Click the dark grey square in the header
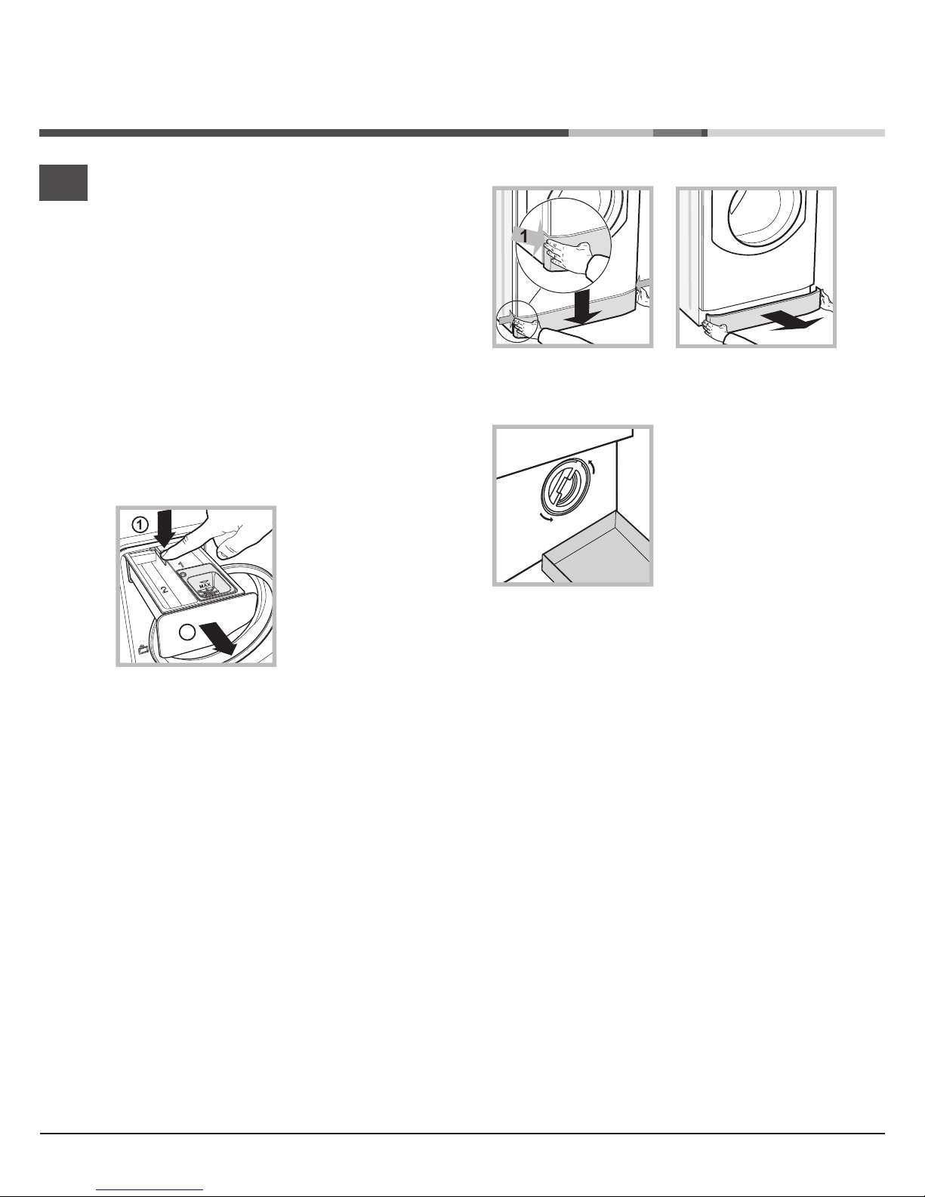[63, 182]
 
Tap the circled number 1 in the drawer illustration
[140, 524]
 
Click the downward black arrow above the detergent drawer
[165, 526]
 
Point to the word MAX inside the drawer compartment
[205, 585]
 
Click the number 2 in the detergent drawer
[164, 589]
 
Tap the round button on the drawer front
[188, 632]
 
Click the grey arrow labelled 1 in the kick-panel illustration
[528, 236]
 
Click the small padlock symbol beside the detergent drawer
[144, 649]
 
